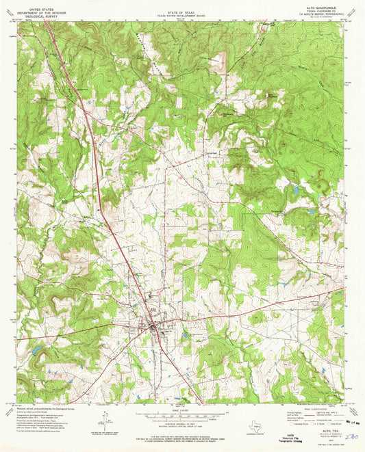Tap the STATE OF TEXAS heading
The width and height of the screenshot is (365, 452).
(x=182, y=5)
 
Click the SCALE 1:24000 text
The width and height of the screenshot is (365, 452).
(x=182, y=409)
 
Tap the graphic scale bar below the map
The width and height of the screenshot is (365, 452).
(x=182, y=414)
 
